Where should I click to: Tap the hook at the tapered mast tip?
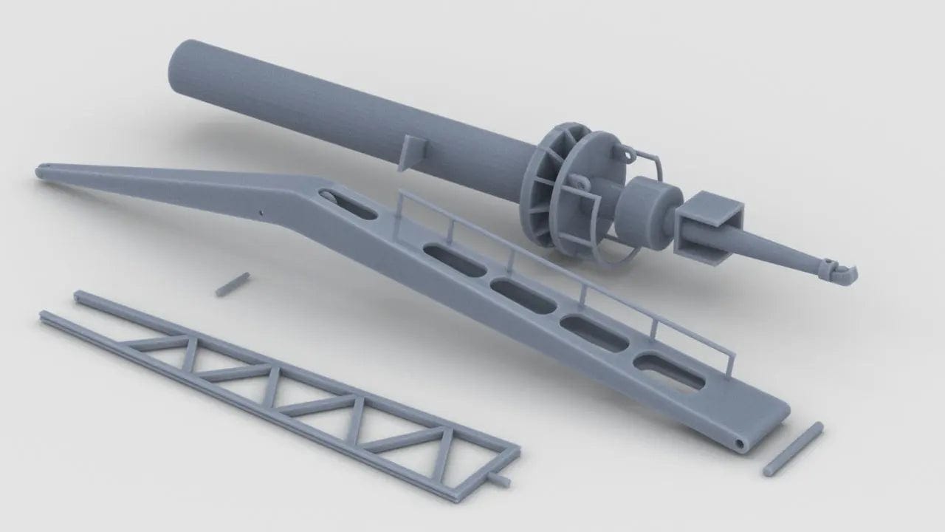click(843, 274)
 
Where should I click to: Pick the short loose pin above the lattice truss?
click(232, 284)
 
